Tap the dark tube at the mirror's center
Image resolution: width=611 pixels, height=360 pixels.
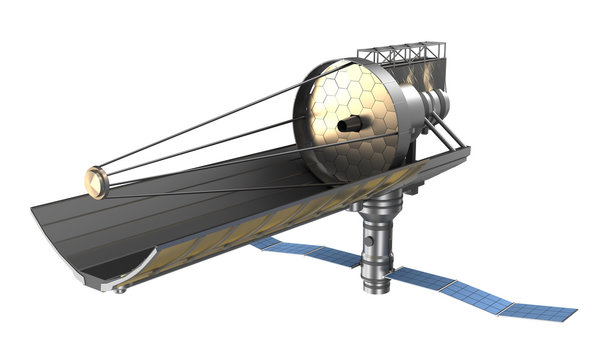(x=350, y=125)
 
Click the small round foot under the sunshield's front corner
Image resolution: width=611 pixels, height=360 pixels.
(x=120, y=289)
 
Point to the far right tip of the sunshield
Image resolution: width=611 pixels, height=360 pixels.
(x=468, y=150)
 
